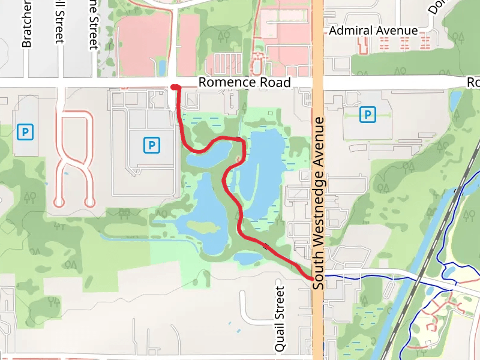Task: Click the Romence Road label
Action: point(244,83)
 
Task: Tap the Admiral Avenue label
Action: point(373,31)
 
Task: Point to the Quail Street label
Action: point(280,319)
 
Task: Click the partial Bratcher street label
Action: point(26,24)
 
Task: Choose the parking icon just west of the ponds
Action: point(152,145)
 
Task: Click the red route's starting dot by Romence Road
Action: point(174,88)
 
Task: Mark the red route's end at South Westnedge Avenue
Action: point(310,278)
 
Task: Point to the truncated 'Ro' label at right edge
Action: point(473,82)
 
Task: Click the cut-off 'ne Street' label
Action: point(92,24)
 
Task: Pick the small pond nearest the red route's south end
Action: point(248,259)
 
